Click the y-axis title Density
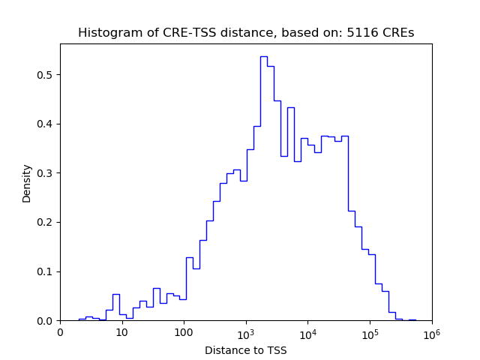[x=27, y=182]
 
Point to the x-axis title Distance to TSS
[x=246, y=350]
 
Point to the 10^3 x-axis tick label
[x=246, y=332]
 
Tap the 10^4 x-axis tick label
[x=307, y=332]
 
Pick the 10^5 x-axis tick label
[x=370, y=332]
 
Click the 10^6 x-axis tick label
[x=431, y=332]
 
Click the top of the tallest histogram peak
[x=263, y=56]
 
